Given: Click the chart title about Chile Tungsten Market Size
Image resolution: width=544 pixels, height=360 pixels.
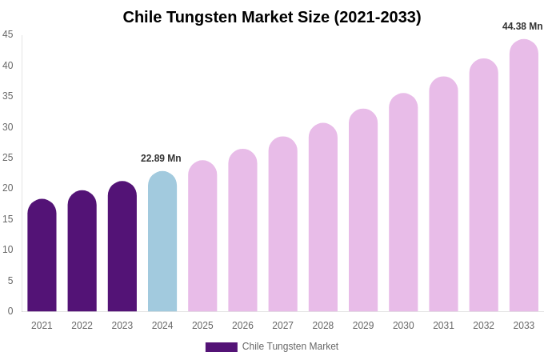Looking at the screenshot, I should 272,17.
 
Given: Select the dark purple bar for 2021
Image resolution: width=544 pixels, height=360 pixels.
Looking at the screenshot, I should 42,256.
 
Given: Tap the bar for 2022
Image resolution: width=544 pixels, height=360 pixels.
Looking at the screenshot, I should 82,252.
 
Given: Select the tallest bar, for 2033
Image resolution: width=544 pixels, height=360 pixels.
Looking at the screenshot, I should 524,176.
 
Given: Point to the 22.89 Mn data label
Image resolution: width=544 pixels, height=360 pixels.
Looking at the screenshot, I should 161,158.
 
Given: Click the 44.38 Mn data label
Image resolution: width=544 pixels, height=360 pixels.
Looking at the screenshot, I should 522,26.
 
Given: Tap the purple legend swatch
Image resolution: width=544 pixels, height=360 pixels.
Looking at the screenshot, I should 221,347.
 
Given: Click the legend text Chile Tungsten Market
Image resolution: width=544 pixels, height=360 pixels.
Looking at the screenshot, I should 290,346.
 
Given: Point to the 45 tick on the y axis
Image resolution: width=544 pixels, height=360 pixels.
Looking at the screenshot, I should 8,34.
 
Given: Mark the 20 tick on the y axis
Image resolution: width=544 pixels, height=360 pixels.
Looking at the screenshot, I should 8,188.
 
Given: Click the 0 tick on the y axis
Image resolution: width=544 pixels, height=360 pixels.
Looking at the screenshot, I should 10,311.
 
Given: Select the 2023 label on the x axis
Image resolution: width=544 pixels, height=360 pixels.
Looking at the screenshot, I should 122,326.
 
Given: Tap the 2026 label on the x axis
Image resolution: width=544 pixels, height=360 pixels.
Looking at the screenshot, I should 242,326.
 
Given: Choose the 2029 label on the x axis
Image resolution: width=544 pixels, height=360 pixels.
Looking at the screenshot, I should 363,326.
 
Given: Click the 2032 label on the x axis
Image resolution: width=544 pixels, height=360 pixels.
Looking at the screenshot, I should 483,326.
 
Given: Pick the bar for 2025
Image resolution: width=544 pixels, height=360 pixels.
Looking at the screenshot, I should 202,236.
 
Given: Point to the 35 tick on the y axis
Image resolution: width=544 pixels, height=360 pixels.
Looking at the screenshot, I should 8,96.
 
